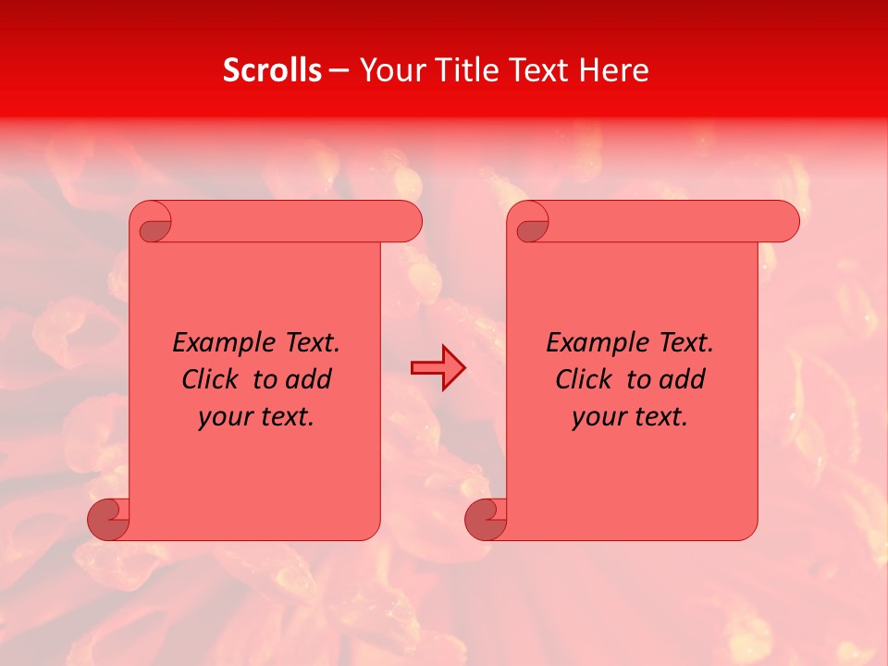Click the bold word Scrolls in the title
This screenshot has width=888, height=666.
(x=272, y=70)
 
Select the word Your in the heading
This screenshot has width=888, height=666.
(x=390, y=70)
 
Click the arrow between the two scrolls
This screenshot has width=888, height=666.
(x=438, y=368)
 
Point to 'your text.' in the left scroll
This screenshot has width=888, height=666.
(x=256, y=417)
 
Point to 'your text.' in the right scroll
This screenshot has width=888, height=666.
(x=630, y=417)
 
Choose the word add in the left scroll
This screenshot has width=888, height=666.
(x=308, y=379)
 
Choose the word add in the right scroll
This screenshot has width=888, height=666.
(x=682, y=379)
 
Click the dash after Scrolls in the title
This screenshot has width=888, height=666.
(x=339, y=70)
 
